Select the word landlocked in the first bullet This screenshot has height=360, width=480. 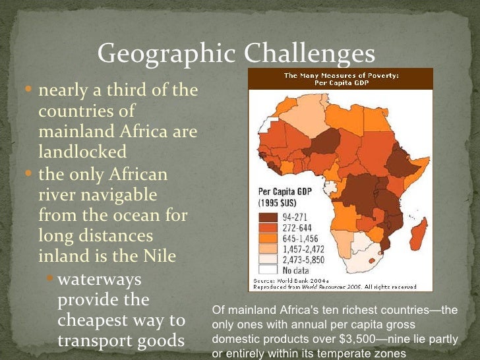(82, 152)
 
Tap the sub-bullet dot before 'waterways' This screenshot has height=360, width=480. (52, 280)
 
